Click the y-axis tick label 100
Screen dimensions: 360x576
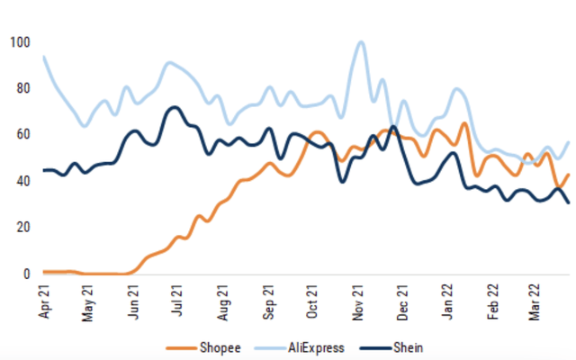coord(21,42)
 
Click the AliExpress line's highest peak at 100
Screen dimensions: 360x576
coord(361,42)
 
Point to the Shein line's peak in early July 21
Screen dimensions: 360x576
coord(172,107)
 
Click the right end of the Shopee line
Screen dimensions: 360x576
coord(568,175)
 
